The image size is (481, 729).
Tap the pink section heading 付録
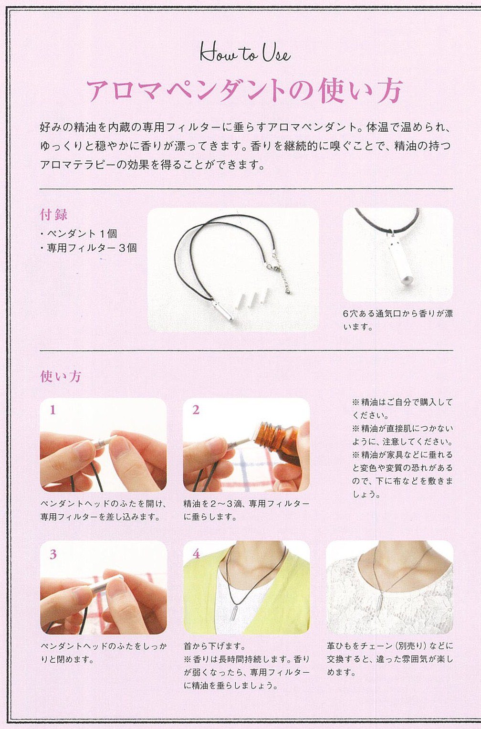pyautogui.click(x=54, y=215)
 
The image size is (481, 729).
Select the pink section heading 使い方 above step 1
pyautogui.click(x=61, y=377)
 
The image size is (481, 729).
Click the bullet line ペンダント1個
pyautogui.click(x=79, y=233)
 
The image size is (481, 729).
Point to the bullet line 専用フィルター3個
pyautogui.click(x=88, y=248)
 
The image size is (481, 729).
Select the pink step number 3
pyautogui.click(x=53, y=554)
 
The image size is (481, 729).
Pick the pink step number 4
pyautogui.click(x=196, y=554)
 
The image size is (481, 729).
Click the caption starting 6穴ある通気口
pyautogui.click(x=398, y=320)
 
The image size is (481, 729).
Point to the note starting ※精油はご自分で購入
pyautogui.click(x=403, y=409)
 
